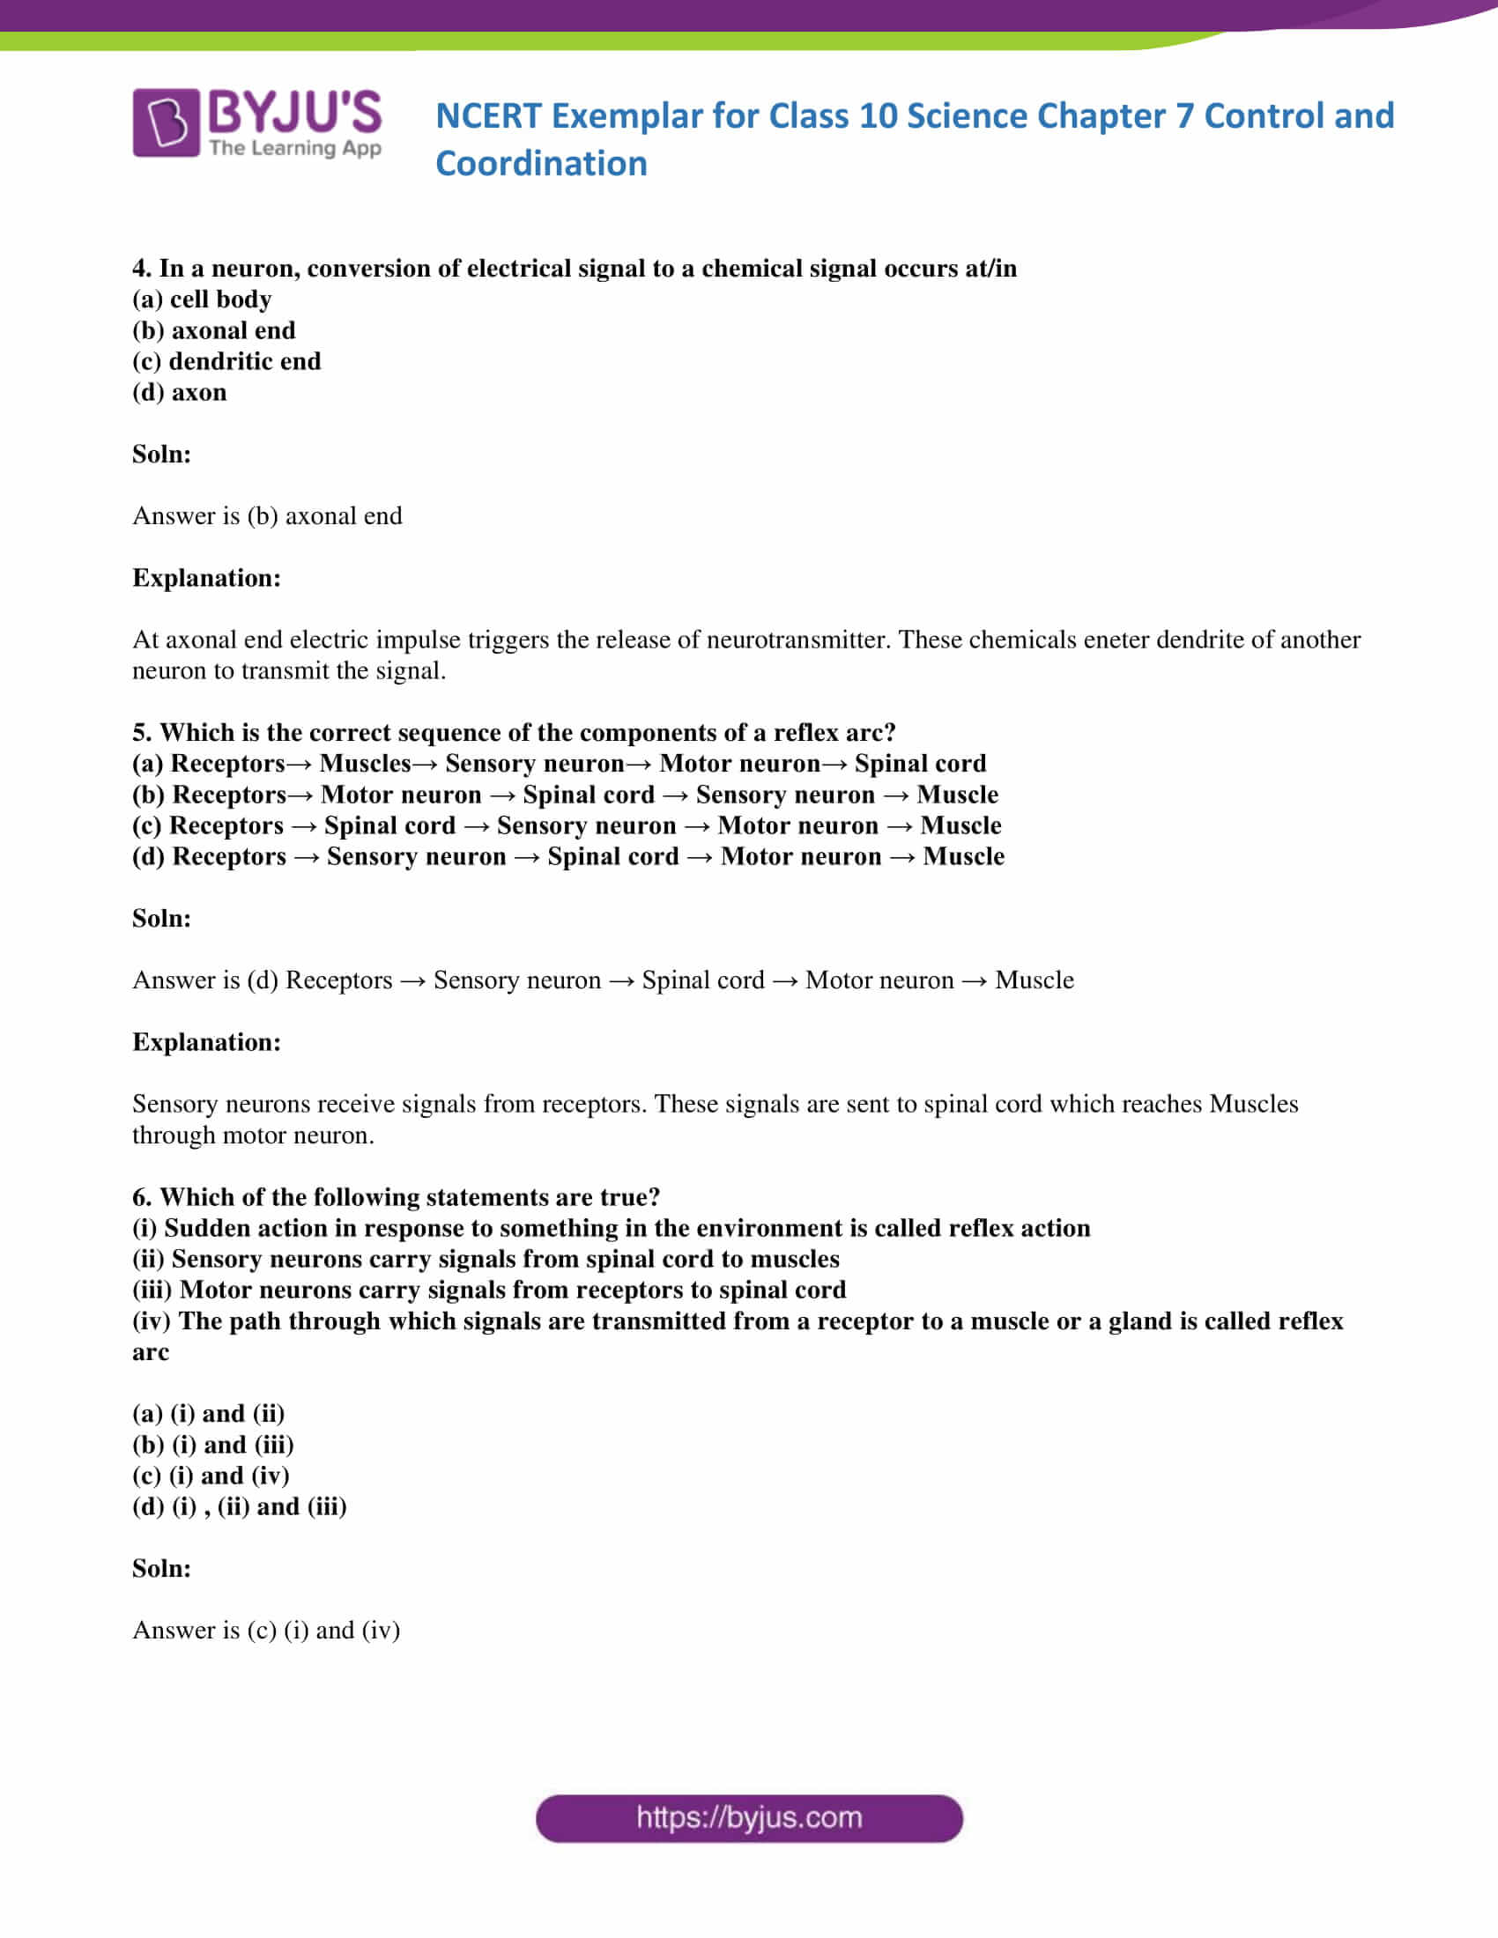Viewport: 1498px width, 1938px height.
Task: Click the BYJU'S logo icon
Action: pyautogui.click(x=166, y=122)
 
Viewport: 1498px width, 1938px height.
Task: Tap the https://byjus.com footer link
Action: pyautogui.click(x=749, y=1817)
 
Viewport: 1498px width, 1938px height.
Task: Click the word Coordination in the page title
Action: pyautogui.click(x=541, y=164)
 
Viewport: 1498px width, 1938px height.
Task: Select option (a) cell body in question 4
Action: pyautogui.click(x=202, y=300)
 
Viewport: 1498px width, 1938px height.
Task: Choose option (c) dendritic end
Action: pyautogui.click(x=226, y=362)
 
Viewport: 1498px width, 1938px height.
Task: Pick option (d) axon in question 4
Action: pyautogui.click(x=179, y=392)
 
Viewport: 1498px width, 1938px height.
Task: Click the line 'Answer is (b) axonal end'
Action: pyautogui.click(x=267, y=516)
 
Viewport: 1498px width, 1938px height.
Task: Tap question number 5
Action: pyautogui.click(x=143, y=733)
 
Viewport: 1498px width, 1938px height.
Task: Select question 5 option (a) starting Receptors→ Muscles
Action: pyautogui.click(x=559, y=764)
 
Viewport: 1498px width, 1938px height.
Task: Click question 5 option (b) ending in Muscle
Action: pyautogui.click(x=566, y=795)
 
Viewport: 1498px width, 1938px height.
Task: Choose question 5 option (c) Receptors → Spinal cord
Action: pyautogui.click(x=567, y=826)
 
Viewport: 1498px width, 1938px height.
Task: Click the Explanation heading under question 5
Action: pyautogui.click(x=206, y=1043)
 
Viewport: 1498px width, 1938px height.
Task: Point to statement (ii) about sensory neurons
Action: pyautogui.click(x=486, y=1259)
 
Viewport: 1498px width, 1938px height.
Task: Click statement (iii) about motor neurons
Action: pyautogui.click(x=489, y=1291)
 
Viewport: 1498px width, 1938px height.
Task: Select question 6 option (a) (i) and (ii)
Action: pyautogui.click(x=209, y=1414)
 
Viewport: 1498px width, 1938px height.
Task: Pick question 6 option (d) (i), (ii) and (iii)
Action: pyautogui.click(x=240, y=1506)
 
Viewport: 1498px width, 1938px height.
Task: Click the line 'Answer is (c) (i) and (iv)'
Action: pyautogui.click(x=266, y=1630)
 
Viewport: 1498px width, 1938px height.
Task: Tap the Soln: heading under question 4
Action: pyautogui.click(x=161, y=455)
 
